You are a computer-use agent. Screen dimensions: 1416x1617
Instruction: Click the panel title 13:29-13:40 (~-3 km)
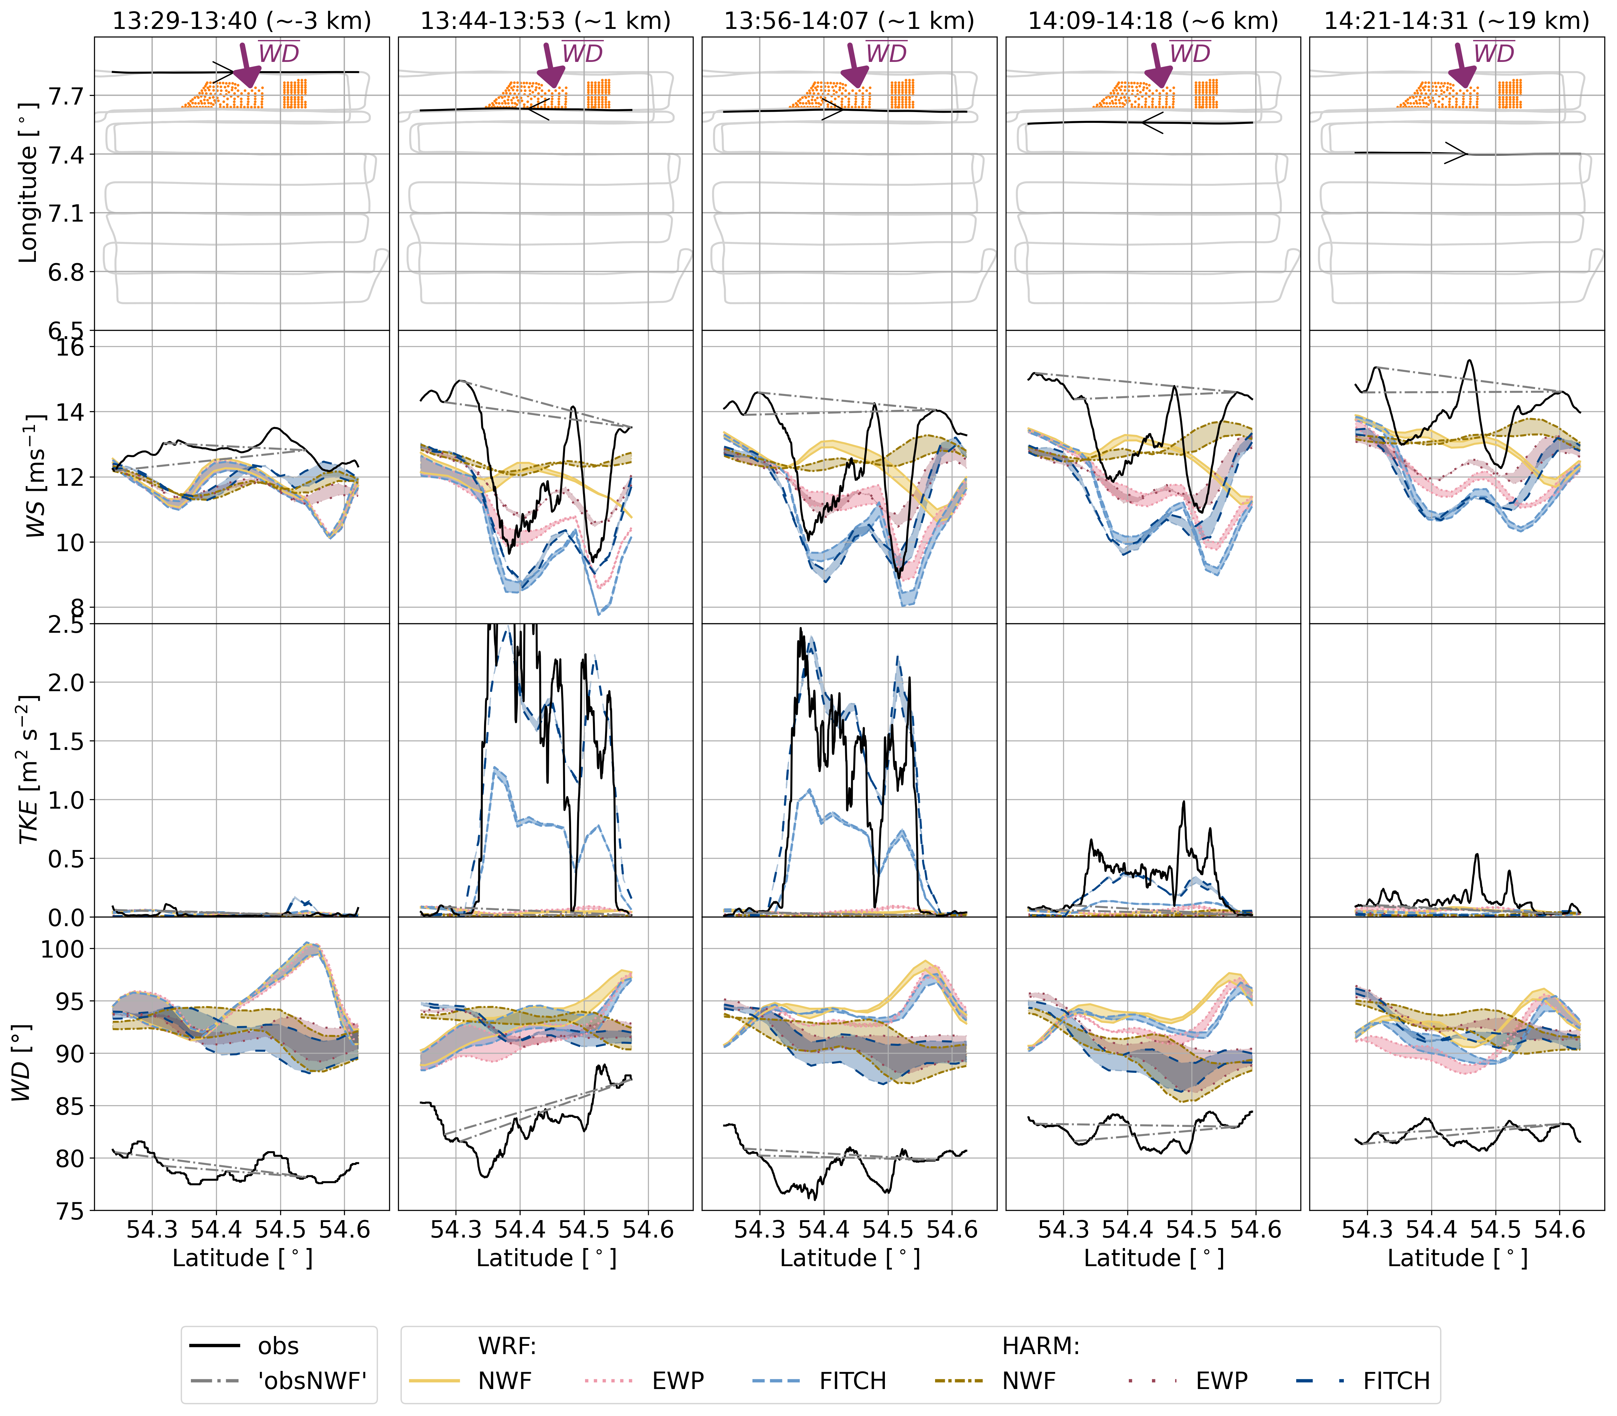242,21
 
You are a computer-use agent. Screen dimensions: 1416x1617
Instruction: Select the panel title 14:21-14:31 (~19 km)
1457,21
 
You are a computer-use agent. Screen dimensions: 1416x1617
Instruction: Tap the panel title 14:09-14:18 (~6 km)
1153,21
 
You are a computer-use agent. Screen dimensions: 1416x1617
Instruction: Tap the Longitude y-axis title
29,183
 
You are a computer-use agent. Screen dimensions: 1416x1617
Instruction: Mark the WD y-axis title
22,1063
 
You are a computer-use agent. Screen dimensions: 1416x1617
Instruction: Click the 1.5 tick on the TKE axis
66,741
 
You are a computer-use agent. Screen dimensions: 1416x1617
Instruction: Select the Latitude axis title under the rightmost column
1457,1258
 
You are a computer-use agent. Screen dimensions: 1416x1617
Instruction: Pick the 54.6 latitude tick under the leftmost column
345,1230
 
